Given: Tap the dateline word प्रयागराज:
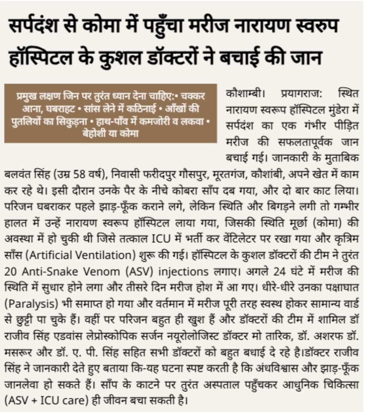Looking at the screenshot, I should [x=304, y=93].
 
